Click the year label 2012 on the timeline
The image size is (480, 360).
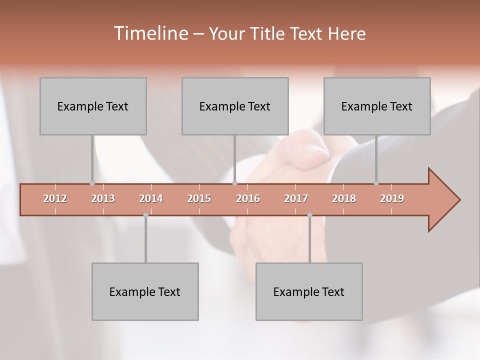point(55,198)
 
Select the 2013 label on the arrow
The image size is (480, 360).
point(103,198)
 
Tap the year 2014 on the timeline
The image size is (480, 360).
point(151,198)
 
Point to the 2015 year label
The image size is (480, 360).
point(199,198)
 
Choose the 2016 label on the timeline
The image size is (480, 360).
point(248,198)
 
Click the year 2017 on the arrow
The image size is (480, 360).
point(296,198)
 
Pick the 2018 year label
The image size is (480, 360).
point(344,198)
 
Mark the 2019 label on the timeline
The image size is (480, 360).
point(392,198)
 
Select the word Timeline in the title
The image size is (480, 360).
point(150,33)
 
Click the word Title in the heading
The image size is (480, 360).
point(267,34)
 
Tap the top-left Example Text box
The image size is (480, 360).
point(93,106)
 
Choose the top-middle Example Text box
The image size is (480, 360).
point(235,106)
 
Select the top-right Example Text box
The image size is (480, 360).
point(377,106)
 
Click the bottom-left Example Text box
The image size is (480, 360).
point(145,291)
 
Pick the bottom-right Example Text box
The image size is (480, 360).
point(309,291)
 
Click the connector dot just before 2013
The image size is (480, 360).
point(92,183)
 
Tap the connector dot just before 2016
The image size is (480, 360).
point(234,183)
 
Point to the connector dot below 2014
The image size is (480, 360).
point(145,215)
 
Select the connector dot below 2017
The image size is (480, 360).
point(309,215)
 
